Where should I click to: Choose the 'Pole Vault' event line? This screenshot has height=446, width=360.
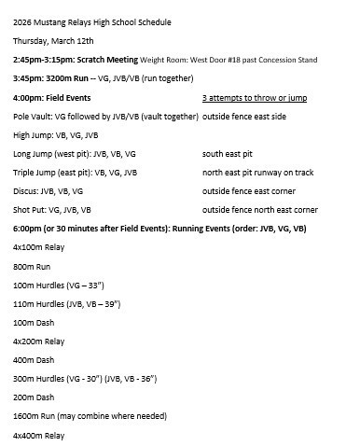click(105, 116)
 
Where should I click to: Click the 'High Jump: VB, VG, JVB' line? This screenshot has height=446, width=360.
click(56, 134)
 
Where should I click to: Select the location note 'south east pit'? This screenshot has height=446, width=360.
click(228, 153)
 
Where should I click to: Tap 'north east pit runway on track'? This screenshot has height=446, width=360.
click(256, 172)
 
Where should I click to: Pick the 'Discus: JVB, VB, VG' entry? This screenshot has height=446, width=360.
click(53, 190)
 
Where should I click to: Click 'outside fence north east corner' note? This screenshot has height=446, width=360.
click(259, 209)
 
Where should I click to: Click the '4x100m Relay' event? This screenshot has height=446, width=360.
click(39, 247)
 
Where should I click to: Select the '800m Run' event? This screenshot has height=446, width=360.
click(32, 266)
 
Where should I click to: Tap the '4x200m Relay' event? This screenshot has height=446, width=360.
click(39, 341)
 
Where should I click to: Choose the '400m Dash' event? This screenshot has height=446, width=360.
click(35, 360)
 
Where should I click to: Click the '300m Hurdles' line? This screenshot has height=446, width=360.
click(84, 379)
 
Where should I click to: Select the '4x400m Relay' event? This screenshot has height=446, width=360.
click(39, 435)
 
